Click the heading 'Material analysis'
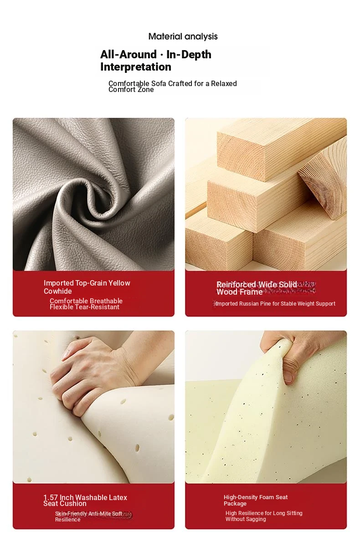[x=183, y=37]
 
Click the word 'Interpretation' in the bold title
[x=136, y=67]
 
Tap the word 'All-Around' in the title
[x=129, y=55]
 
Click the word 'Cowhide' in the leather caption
[x=58, y=291]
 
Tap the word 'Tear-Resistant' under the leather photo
[x=98, y=307]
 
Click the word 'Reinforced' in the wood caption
[x=236, y=285]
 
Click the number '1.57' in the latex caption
[x=51, y=497]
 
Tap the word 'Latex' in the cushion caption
[x=118, y=497]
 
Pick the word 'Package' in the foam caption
[x=235, y=504]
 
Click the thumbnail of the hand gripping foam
[x=266, y=407]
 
